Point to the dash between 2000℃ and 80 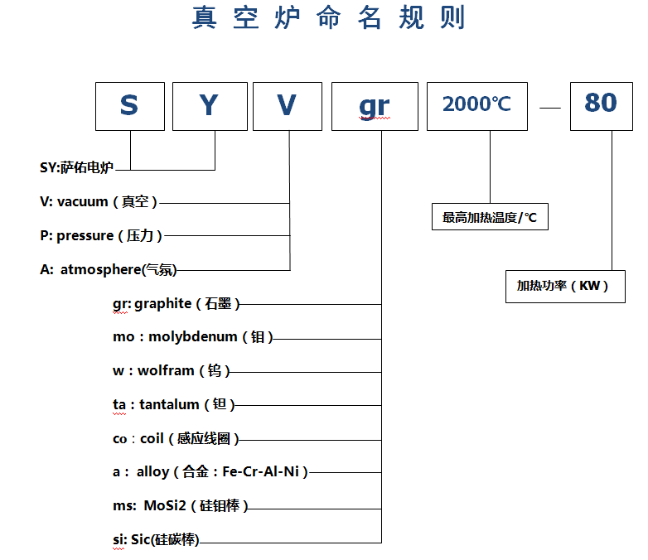550,108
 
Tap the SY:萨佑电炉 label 76,167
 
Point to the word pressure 85,236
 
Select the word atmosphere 101,269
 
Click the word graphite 162,304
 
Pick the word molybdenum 192,337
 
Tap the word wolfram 166,371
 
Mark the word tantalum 169,404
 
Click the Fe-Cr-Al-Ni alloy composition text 260,471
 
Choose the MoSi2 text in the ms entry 165,505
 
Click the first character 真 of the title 204,17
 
